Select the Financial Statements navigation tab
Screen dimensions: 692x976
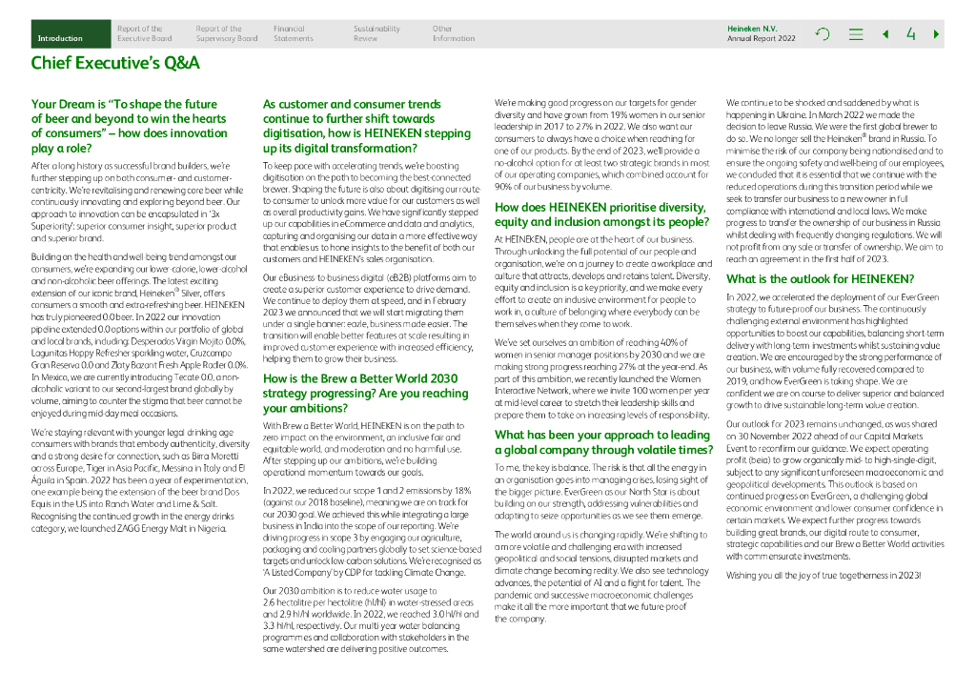tap(293, 34)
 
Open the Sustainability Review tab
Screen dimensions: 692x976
tap(376, 34)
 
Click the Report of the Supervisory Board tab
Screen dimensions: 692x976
tap(226, 34)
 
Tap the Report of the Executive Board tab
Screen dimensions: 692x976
tap(144, 34)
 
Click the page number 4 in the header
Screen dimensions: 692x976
tap(911, 34)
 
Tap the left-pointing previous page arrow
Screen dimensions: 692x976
tap(885, 34)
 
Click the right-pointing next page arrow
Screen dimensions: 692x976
tap(937, 34)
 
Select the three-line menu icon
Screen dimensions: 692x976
tap(856, 34)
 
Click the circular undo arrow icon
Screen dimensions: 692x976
tap(823, 34)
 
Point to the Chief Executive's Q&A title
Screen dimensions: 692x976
tap(115, 64)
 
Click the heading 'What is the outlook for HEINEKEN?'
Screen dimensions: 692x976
tap(820, 279)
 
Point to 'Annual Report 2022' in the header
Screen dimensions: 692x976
tap(761, 39)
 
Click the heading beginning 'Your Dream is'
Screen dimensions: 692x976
tap(129, 127)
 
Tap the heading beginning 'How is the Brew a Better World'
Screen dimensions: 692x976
tap(366, 393)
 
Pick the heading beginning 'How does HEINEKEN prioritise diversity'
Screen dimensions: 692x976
tap(600, 214)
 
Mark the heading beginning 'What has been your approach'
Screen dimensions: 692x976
tap(603, 442)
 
